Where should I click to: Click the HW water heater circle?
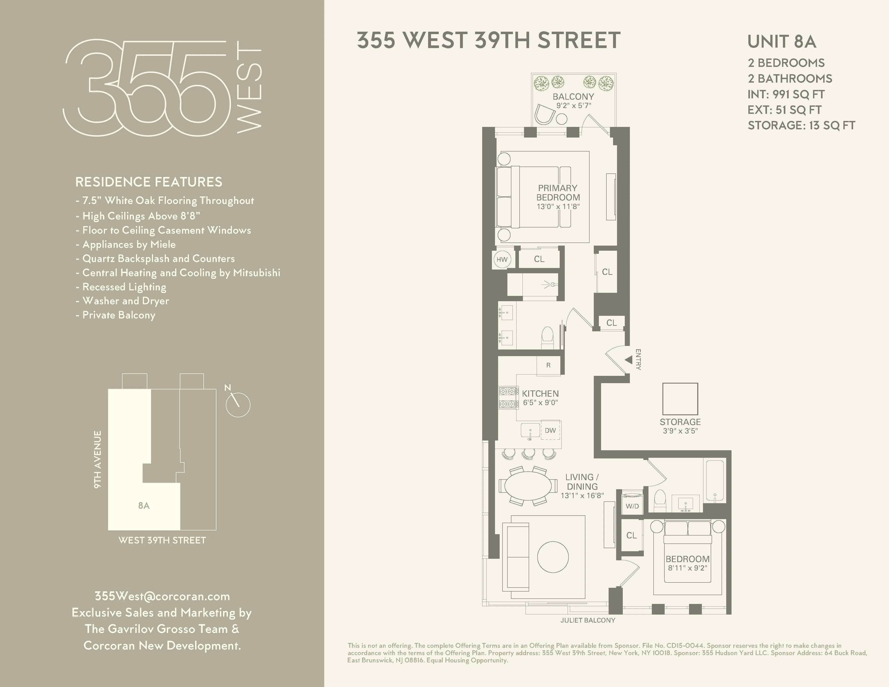(x=502, y=259)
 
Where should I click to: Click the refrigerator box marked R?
(x=548, y=365)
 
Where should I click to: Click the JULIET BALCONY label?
(x=587, y=620)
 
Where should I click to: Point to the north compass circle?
(x=238, y=405)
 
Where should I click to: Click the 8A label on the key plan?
(x=144, y=505)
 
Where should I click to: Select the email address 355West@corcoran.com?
(x=162, y=596)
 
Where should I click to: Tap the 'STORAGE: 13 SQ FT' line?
(x=801, y=125)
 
